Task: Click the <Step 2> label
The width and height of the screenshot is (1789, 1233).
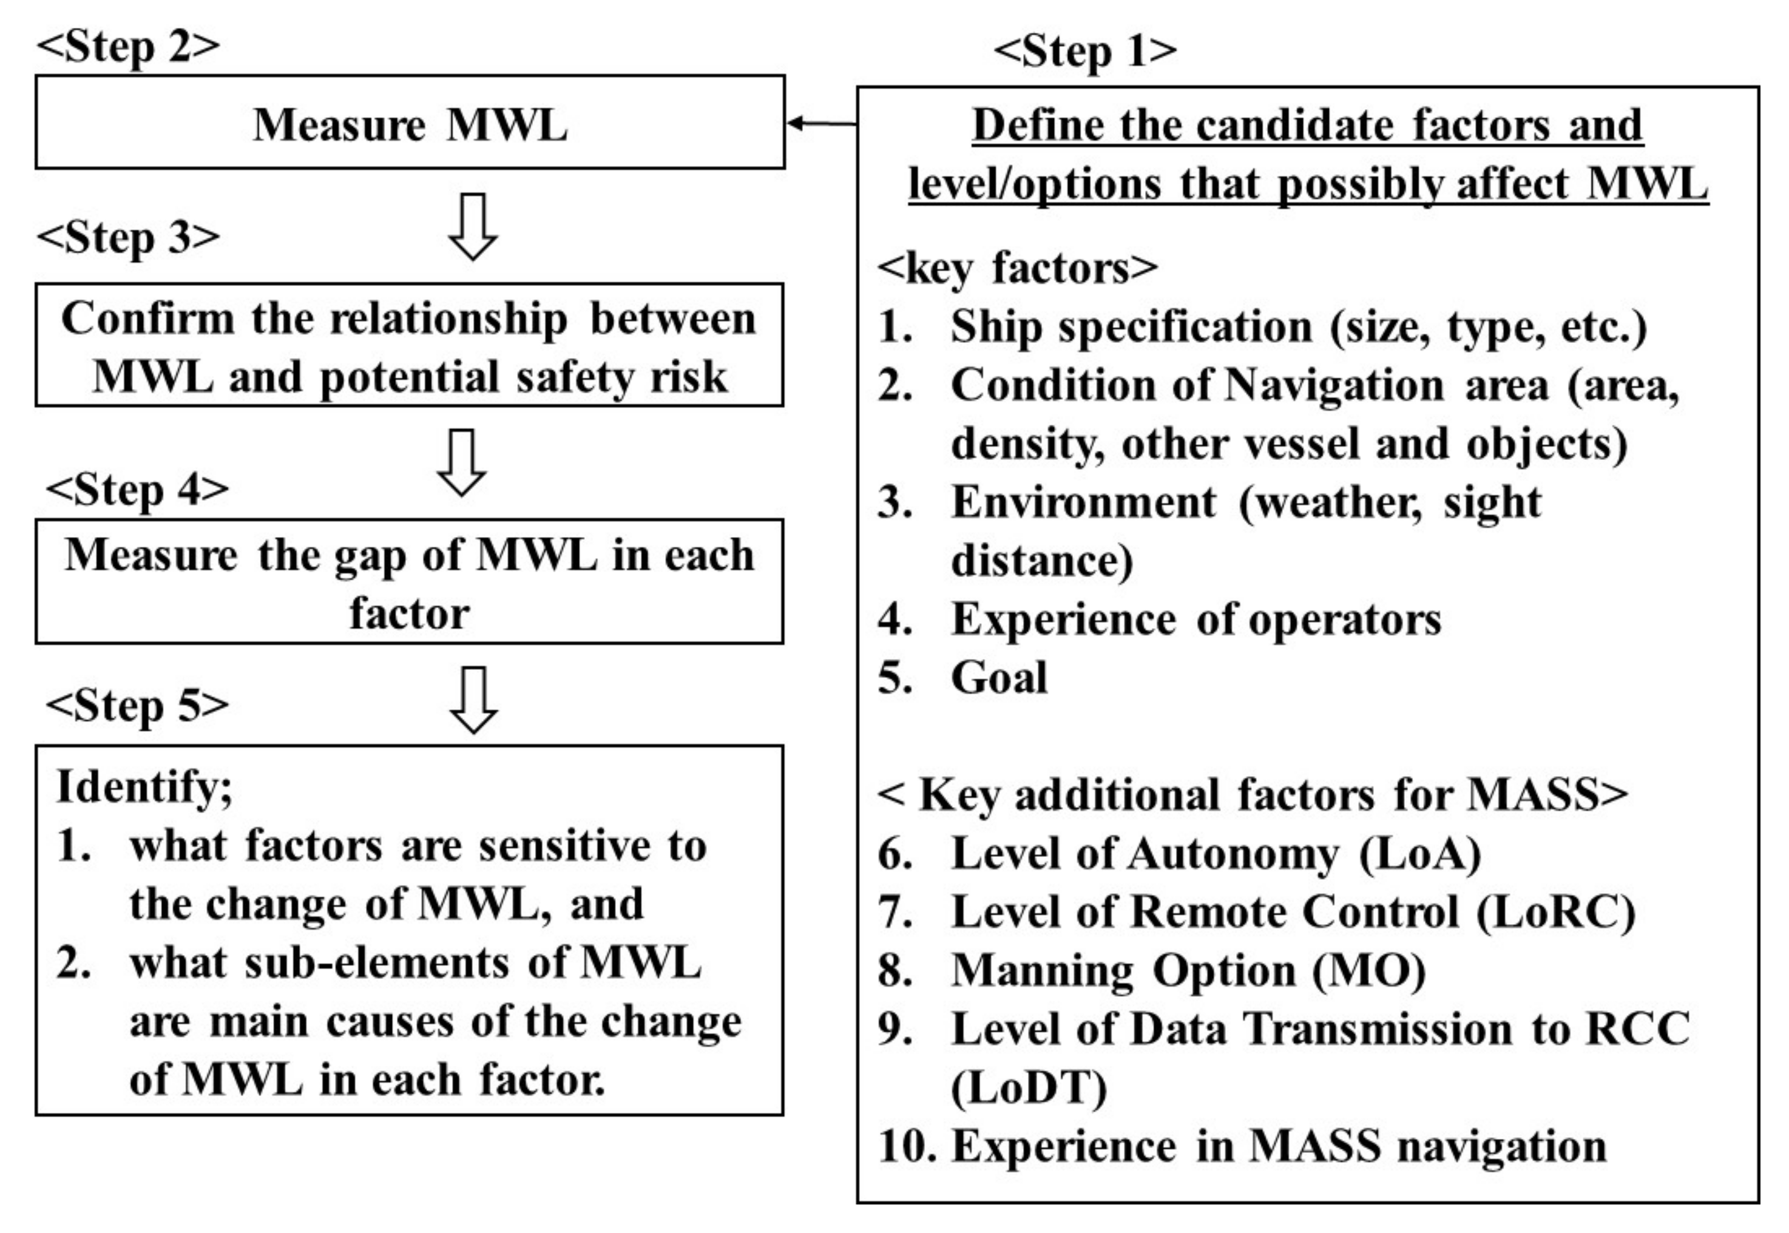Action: pos(128,46)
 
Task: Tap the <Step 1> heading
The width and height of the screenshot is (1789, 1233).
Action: pos(1084,51)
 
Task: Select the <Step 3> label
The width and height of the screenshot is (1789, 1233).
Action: pos(128,237)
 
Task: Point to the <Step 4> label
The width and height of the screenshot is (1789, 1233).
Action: pos(137,489)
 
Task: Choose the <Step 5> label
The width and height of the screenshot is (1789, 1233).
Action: pos(137,705)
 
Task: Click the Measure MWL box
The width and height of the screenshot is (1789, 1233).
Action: pos(410,123)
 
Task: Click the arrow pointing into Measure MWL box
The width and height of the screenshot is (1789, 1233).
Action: pos(820,123)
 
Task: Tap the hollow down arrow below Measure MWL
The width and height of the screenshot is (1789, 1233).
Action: pos(472,226)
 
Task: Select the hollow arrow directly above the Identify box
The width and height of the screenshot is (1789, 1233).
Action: pos(473,699)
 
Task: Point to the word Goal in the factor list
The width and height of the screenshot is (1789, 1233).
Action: pos(999,678)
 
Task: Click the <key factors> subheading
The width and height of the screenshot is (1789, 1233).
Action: pos(1017,268)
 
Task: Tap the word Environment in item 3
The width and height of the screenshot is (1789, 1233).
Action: pos(1084,502)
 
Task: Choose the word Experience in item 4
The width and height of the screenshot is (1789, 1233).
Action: pos(1064,620)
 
